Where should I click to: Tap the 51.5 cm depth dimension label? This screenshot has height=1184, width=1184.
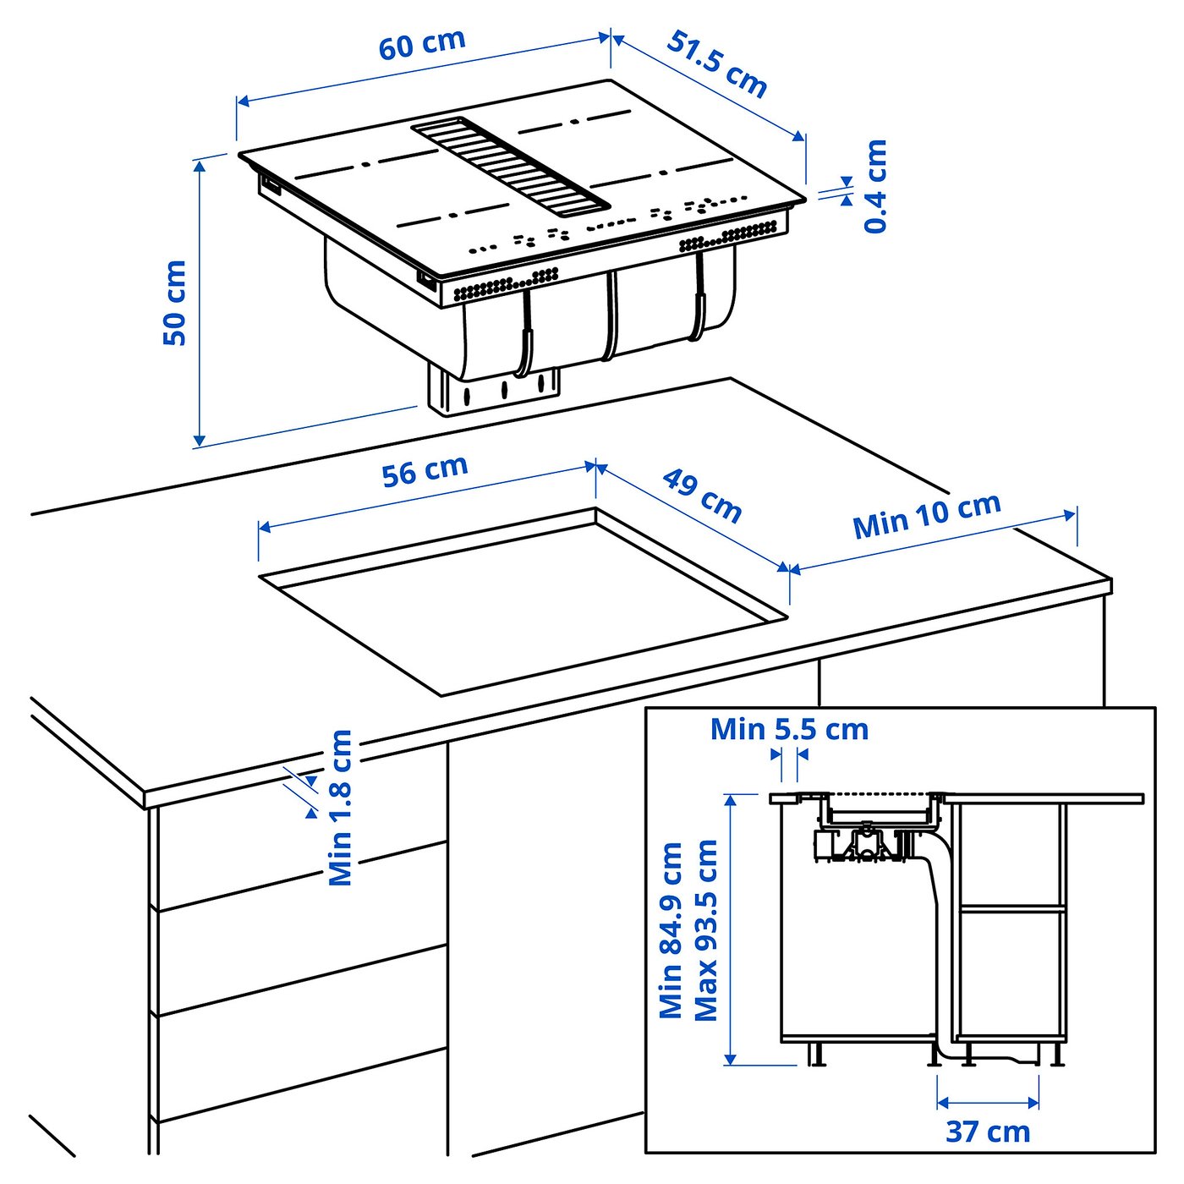click(x=717, y=63)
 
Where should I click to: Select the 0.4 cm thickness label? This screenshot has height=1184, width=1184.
click(x=875, y=186)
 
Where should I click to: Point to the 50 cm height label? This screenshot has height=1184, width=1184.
click(x=175, y=303)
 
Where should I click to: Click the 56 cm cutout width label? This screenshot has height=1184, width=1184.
click(x=425, y=471)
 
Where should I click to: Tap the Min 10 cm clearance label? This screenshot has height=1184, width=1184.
click(x=927, y=515)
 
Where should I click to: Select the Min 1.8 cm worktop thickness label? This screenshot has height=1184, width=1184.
click(x=340, y=808)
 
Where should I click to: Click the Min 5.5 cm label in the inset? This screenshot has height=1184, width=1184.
click(x=789, y=729)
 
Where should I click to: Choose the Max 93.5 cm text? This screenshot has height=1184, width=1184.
click(x=705, y=930)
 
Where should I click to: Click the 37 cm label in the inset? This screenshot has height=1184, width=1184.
click(x=988, y=1132)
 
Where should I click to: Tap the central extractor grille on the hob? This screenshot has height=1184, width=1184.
click(x=510, y=163)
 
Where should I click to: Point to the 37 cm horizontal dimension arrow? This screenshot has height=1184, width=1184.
click(x=988, y=1103)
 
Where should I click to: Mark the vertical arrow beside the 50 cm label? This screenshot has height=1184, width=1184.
click(x=199, y=303)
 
